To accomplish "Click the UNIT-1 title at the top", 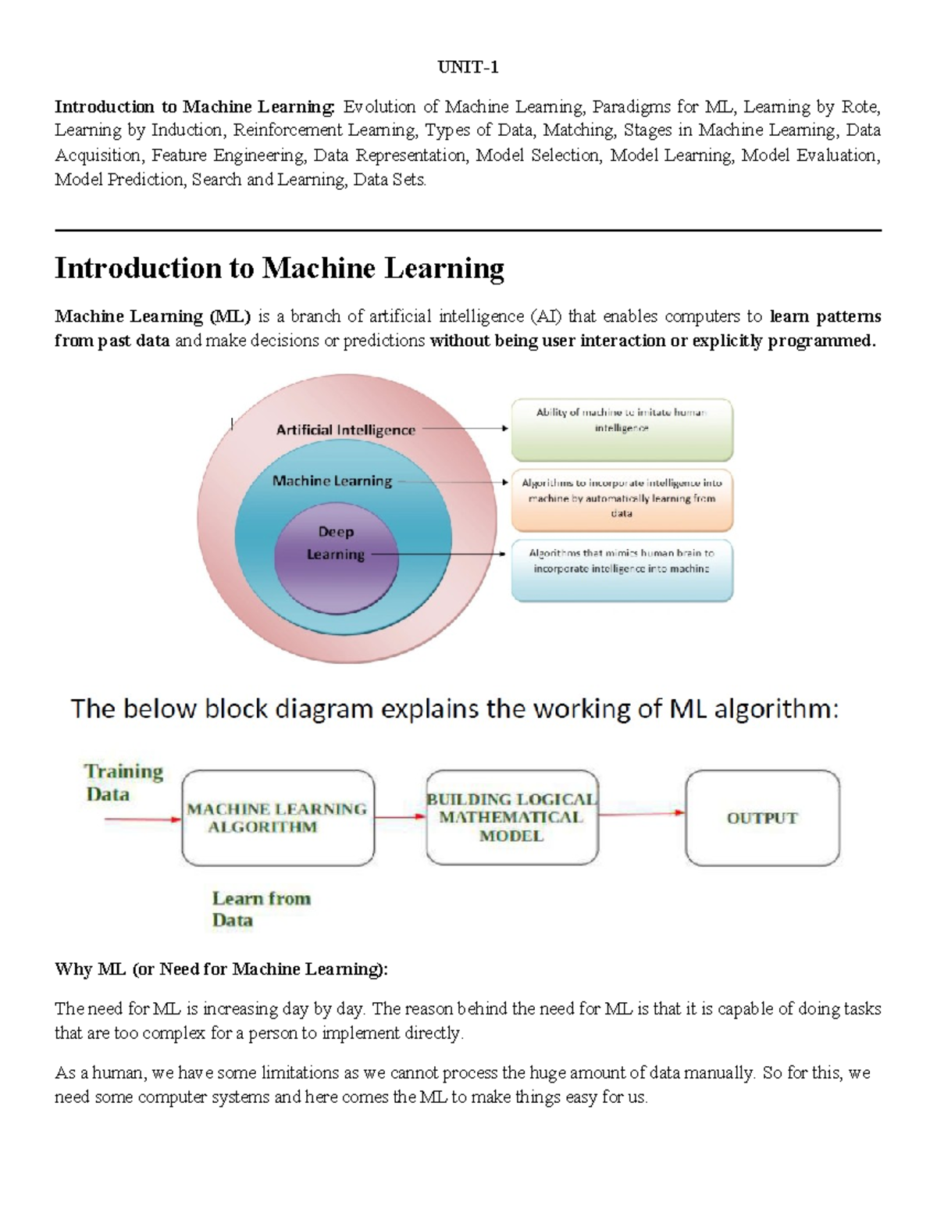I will (x=468, y=67).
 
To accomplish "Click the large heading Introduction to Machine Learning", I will (x=279, y=268).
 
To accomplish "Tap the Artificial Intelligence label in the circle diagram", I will (x=345, y=430).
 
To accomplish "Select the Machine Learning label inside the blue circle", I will (x=332, y=481).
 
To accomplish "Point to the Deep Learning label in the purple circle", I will (x=336, y=543).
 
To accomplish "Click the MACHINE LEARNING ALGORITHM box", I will (x=277, y=818).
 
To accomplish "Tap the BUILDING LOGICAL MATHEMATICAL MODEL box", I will (x=511, y=818).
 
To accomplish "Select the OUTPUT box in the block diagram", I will (x=762, y=818).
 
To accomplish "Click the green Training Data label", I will (x=124, y=783).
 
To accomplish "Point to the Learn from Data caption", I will (x=261, y=909).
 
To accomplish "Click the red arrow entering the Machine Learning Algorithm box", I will (x=143, y=819).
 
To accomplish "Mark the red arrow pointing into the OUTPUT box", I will (x=642, y=814).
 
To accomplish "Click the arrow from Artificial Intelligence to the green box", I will (x=465, y=429).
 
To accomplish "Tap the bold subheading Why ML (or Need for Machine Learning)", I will (x=221, y=969).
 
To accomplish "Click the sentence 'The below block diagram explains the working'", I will (x=454, y=709).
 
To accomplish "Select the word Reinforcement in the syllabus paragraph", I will (x=289, y=130).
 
